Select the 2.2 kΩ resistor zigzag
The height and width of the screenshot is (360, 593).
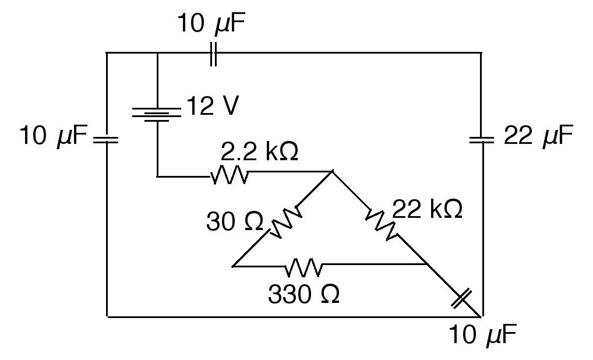coord(230,175)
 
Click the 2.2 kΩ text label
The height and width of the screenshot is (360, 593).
coord(259,152)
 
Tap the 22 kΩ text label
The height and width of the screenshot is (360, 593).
coord(428,209)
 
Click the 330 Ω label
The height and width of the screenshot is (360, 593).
coord(303,295)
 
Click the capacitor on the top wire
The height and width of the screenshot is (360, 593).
coord(213,53)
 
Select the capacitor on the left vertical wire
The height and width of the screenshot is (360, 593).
coord(107,140)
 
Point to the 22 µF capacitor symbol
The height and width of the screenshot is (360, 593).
coord(482,140)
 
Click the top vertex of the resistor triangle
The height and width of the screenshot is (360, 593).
coord(332,172)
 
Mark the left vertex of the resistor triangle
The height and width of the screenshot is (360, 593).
coord(232,266)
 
